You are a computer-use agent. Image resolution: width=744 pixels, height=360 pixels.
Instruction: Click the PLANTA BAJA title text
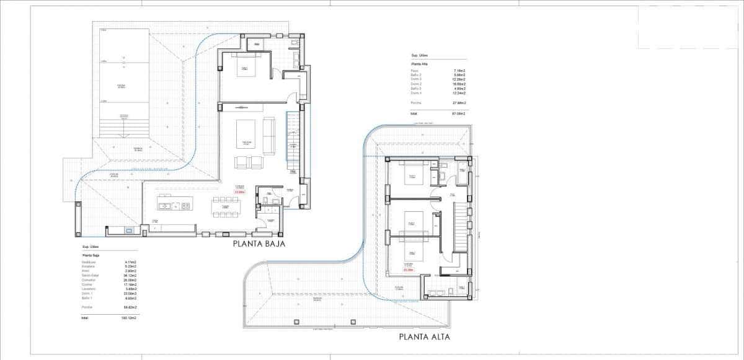259,244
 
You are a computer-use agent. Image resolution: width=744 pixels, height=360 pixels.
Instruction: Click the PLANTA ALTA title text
424,338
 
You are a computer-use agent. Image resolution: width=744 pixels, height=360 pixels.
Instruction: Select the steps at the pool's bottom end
123,128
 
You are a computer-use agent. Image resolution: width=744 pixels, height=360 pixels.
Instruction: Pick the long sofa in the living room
269,136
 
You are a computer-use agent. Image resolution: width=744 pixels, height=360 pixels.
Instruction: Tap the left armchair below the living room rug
241,162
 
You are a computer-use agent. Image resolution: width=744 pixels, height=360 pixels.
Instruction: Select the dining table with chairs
225,208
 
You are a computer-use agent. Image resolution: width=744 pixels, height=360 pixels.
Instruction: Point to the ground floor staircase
292,143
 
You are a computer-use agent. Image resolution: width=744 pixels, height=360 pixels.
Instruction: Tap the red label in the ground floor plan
239,191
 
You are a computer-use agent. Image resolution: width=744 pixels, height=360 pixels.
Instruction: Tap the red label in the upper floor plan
408,270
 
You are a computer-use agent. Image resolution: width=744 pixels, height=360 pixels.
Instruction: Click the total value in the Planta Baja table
129,318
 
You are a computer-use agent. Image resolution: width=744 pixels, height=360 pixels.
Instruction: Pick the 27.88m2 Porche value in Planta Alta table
459,102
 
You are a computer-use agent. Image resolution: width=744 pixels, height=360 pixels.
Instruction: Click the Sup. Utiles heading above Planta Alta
419,55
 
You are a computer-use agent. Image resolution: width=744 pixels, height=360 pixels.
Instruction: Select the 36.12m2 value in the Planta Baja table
130,275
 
